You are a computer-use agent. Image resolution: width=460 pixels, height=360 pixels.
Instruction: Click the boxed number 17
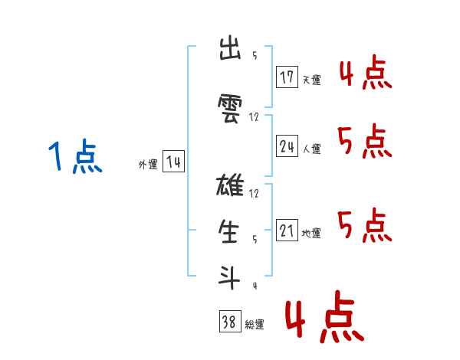[x=287, y=77]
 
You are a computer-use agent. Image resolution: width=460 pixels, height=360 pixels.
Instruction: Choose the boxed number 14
[x=173, y=162]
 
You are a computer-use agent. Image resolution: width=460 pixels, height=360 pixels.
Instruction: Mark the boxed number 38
[x=229, y=322]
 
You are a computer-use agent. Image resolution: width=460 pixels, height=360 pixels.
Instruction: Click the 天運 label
[x=311, y=80]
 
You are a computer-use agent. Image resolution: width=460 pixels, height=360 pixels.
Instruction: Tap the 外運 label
[x=148, y=165]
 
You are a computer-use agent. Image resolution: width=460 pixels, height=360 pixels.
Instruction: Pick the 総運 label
[x=255, y=325]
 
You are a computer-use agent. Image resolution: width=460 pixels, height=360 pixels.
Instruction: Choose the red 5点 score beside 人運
[x=366, y=142]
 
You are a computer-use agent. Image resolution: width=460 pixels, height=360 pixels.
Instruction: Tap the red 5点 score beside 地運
[x=366, y=224]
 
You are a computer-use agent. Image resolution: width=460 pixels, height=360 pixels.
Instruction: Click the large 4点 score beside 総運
[x=324, y=319]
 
